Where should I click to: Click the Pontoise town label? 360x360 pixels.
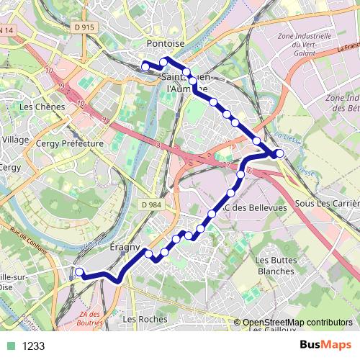[x=166, y=44]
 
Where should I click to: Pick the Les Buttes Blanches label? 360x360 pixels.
[x=274, y=266]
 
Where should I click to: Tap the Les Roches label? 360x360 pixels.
[x=140, y=318]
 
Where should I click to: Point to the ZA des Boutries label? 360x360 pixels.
[x=90, y=318]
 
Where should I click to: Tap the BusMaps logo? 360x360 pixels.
[x=325, y=345]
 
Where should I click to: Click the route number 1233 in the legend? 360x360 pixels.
[x=33, y=346]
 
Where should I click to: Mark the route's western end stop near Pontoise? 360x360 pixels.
[x=145, y=66]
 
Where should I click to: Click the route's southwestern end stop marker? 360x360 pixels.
[x=79, y=272]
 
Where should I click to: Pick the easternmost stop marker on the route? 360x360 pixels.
[x=279, y=153]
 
